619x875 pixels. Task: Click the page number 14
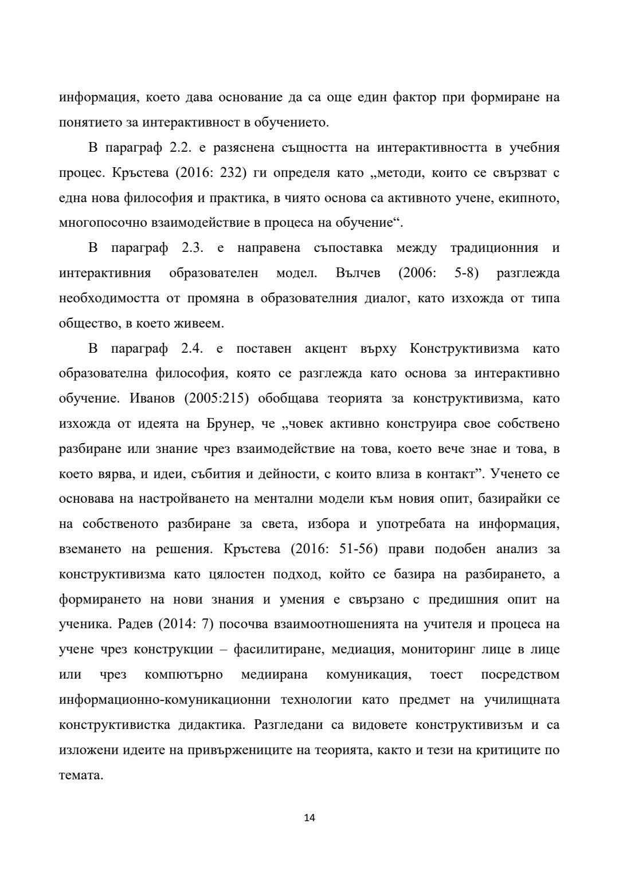click(x=309, y=818)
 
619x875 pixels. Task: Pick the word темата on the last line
click(x=80, y=776)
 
